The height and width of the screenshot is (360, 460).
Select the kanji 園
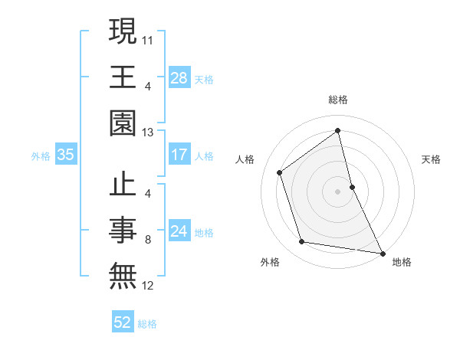pyautogui.click(x=123, y=123)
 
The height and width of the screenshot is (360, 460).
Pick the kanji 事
pyautogui.click(x=123, y=231)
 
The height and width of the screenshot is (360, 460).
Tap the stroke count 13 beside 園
pyautogui.click(x=148, y=133)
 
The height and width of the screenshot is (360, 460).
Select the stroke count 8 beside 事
pyautogui.click(x=148, y=240)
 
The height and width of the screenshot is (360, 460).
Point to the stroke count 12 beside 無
pyautogui.click(x=148, y=286)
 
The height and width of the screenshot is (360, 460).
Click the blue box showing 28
pyautogui.click(x=179, y=77)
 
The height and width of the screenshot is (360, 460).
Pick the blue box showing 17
pyautogui.click(x=179, y=155)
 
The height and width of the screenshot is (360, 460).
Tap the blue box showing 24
pyautogui.click(x=179, y=231)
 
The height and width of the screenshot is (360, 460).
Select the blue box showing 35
pyautogui.click(x=66, y=155)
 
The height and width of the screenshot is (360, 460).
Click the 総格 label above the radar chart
pyautogui.click(x=338, y=100)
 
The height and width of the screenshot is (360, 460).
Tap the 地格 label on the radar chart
pyautogui.click(x=402, y=263)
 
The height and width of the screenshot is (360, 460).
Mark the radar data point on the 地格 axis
pyautogui.click(x=382, y=252)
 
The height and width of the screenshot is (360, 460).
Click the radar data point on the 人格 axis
pyautogui.click(x=280, y=172)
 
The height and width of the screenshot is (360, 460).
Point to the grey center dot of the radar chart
pyautogui.click(x=338, y=191)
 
